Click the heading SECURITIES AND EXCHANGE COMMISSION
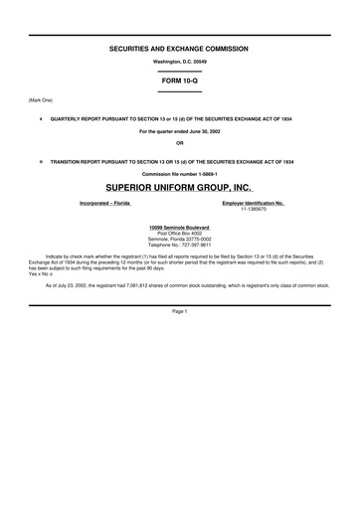(x=179, y=48)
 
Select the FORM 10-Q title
(x=179, y=81)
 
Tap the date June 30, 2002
(x=199, y=131)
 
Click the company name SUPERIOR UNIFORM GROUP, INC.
(x=179, y=188)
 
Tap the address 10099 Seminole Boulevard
(x=179, y=228)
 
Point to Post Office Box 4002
(x=179, y=234)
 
